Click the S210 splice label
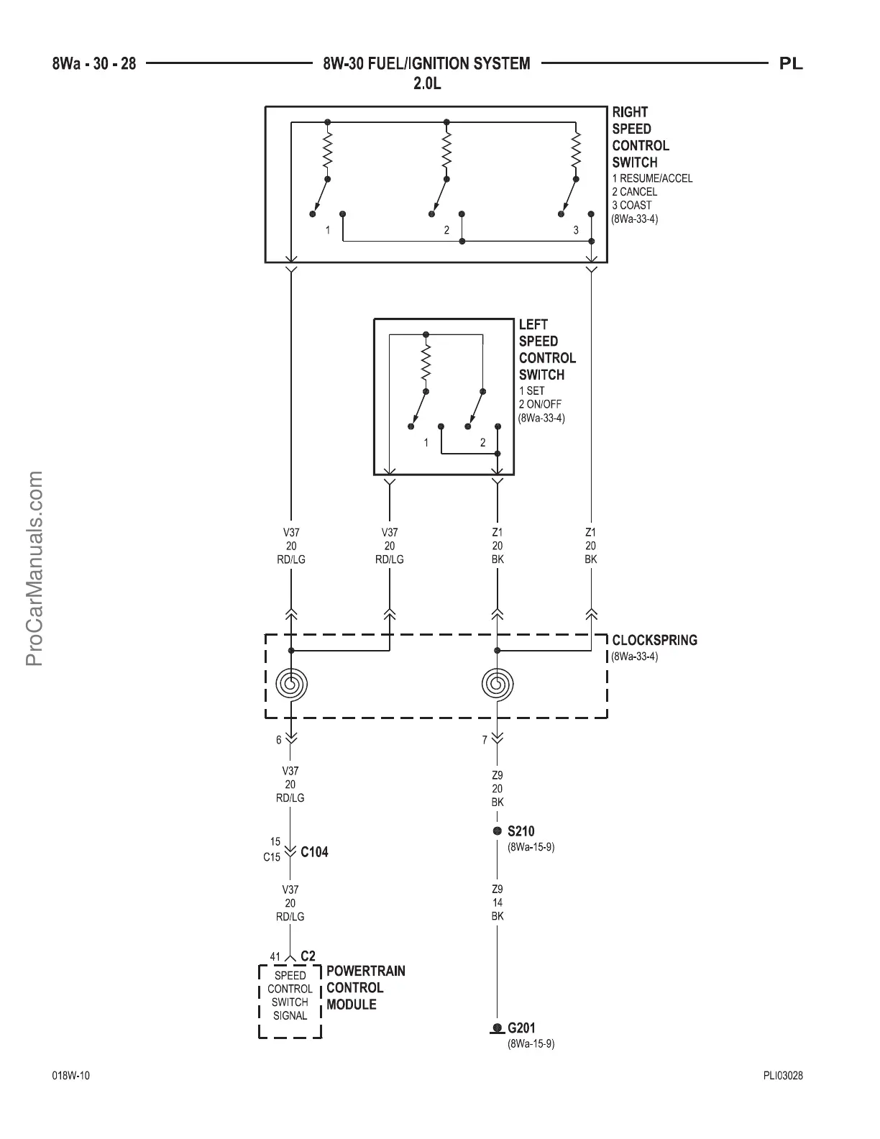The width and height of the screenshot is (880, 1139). pos(521,831)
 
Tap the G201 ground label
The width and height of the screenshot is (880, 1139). pos(521,1028)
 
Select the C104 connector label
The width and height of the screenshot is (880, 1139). pos(314,852)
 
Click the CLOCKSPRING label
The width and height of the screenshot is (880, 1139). pos(654,640)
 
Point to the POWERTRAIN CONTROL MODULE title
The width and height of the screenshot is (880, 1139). pos(365,987)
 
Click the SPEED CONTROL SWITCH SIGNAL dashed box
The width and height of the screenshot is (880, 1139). pos(290,1001)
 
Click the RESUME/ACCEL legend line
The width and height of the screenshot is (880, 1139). pos(652,178)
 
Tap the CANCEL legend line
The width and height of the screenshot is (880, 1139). pos(634,192)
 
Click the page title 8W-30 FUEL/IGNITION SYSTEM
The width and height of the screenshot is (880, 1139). pos(426,64)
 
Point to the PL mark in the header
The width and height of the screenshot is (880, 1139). pos(791,64)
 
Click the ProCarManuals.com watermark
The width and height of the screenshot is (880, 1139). pos(35,568)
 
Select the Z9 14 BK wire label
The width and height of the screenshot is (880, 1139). pos(497,902)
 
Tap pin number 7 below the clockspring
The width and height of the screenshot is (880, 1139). pos(485,739)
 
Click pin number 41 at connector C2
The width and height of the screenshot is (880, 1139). pos(275,956)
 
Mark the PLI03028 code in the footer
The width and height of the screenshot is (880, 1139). pos(783,1076)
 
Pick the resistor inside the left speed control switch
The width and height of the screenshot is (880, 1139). pos(426,363)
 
